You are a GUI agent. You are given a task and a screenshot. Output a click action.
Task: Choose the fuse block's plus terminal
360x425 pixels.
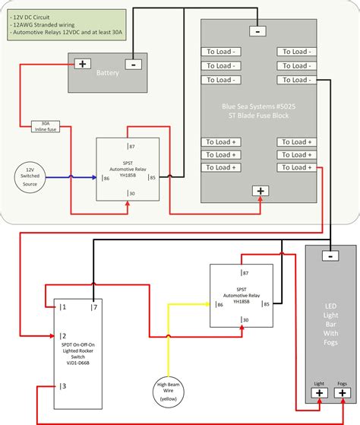tap(261, 191)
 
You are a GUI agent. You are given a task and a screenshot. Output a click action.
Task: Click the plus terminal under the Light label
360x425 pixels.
tap(319, 393)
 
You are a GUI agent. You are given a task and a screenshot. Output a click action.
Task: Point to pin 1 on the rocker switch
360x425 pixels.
tap(65, 307)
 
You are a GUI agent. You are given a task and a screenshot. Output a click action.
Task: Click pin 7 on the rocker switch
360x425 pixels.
tap(94, 307)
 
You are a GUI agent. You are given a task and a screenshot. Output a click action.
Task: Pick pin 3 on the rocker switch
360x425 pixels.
tap(65, 386)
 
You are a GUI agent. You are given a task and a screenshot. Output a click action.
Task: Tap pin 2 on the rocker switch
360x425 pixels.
tap(65, 335)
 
